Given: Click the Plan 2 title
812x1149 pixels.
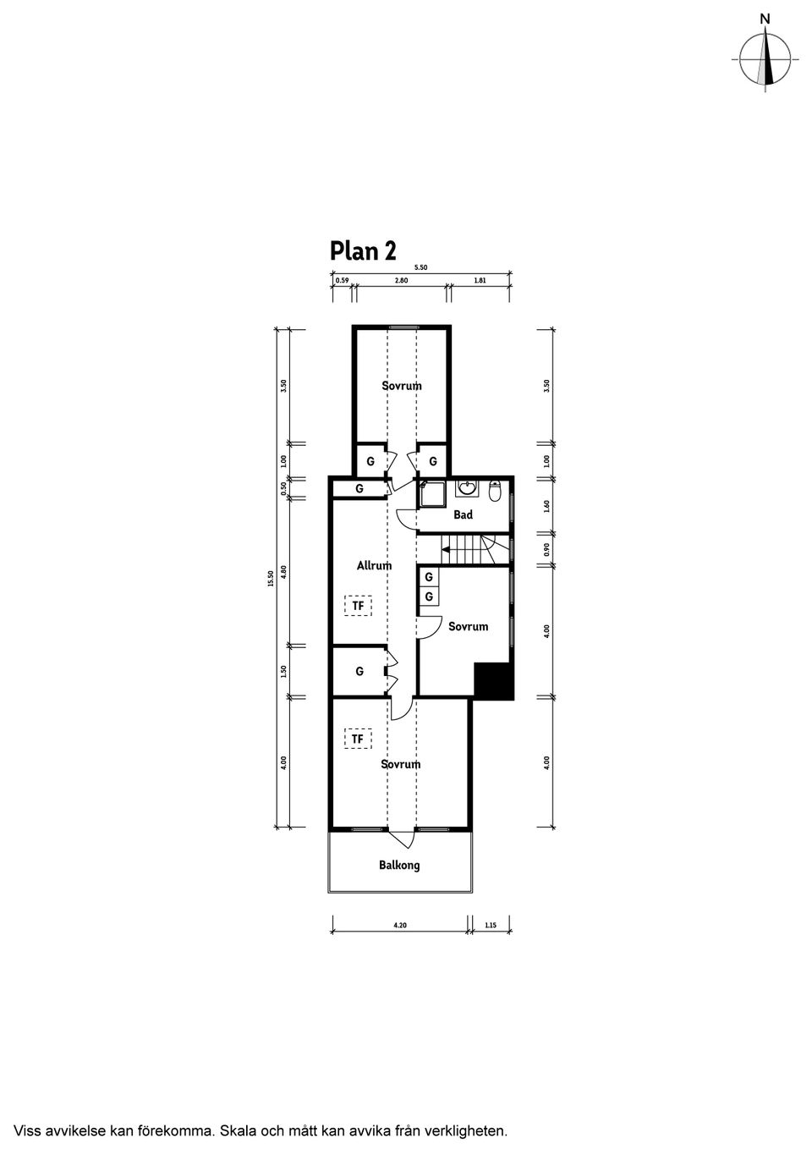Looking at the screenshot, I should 363,251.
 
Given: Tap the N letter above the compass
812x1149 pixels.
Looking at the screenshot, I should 765,18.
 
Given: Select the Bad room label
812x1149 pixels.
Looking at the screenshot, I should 463,514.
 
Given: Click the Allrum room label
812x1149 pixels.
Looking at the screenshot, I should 374,565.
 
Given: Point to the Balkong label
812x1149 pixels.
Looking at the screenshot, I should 399,865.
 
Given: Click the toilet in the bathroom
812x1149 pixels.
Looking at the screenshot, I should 496,490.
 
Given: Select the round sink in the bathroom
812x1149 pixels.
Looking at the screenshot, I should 466,488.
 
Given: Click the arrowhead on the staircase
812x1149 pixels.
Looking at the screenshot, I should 445,549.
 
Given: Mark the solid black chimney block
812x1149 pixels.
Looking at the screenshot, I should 494,681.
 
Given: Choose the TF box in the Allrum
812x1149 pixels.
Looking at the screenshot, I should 358,606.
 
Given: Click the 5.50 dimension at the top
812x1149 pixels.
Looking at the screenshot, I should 420,267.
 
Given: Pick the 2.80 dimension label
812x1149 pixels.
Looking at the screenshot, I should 401,280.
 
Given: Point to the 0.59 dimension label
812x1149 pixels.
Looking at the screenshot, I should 342,280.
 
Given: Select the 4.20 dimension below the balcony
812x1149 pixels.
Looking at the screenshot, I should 400,926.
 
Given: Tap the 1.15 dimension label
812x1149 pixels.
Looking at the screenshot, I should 491,926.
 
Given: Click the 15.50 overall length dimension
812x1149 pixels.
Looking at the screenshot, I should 270,578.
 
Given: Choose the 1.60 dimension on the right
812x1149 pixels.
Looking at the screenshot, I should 547,506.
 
